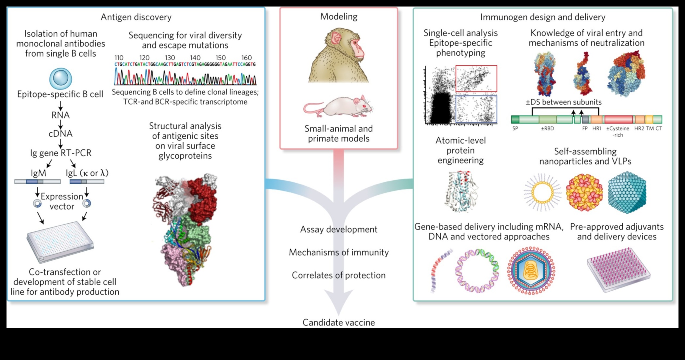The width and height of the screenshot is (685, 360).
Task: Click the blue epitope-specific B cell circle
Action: (61, 79)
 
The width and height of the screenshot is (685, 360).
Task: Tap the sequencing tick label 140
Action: (195, 58)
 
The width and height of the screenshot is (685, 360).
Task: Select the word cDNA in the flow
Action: (61, 133)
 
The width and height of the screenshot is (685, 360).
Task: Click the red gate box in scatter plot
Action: (476, 78)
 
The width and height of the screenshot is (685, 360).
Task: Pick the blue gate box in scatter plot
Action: (476, 109)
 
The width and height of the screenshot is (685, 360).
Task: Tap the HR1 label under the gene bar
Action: (597, 129)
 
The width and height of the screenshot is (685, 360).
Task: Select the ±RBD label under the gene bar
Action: (547, 129)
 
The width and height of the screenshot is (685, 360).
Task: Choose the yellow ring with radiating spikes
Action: (542, 192)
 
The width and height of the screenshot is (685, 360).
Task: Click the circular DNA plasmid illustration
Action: (477, 271)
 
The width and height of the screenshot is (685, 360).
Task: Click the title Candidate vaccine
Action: (339, 323)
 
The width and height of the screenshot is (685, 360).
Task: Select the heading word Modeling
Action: (339, 17)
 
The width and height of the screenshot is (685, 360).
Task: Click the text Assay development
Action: (339, 229)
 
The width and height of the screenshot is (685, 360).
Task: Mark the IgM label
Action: (38, 173)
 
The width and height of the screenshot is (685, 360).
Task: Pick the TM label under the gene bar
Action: (650, 129)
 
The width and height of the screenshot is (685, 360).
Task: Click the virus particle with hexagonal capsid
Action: (531, 271)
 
